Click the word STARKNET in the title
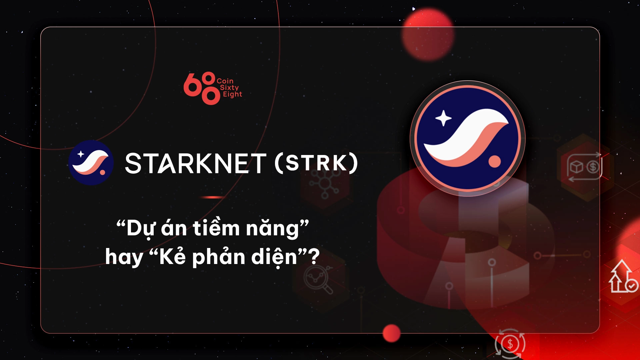pos(196,163)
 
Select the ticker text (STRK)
pos(316,163)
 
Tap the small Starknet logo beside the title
pos(91,163)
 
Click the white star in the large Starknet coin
pos(443,118)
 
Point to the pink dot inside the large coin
pos(495,161)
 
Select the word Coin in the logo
pos(225,81)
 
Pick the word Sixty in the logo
pos(229,88)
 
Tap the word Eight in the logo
pos(232,94)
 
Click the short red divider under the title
pos(212,197)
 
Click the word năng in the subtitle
pos(272,229)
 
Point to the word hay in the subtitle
pos(124,258)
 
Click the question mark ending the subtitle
pos(314,257)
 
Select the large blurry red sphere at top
pos(428,35)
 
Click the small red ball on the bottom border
pos(391,333)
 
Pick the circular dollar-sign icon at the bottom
pos(510,344)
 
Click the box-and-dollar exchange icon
pos(584,167)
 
